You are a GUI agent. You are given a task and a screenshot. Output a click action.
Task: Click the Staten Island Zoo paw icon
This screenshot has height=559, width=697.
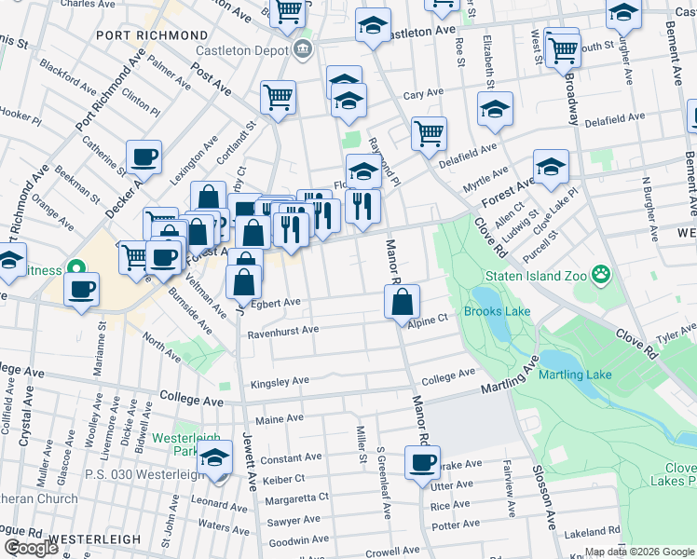pos(602,274)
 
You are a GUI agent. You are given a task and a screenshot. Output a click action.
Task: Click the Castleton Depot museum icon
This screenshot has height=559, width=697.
pos(302,48)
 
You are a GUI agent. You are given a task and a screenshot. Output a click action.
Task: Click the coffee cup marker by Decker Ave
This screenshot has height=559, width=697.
pos(143,157)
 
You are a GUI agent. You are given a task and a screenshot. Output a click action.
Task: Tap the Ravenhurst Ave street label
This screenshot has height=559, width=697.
pos(283,330)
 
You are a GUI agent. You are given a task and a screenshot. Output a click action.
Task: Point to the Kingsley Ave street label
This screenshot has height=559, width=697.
pos(280,382)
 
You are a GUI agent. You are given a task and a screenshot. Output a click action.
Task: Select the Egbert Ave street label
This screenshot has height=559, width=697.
pos(276,303)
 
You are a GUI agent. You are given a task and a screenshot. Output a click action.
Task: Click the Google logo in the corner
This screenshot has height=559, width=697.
pos(32,548)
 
